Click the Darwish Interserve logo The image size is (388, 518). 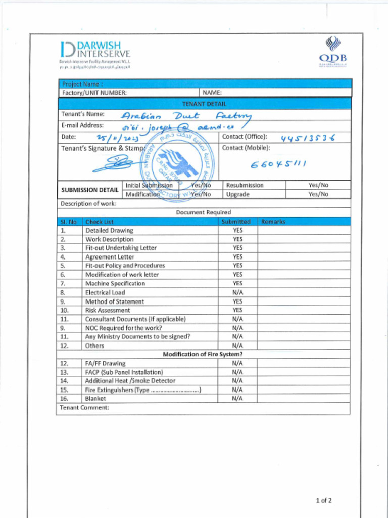[94, 53]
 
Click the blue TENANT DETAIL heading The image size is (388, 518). [204, 104]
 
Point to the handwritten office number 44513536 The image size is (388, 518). [308, 138]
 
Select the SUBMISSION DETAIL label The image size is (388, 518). [90, 190]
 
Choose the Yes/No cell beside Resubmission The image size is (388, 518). [318, 186]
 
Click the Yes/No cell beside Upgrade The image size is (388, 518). [318, 194]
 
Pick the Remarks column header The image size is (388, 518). [273, 222]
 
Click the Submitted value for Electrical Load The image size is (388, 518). [238, 292]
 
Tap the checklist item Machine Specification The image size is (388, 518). [115, 284]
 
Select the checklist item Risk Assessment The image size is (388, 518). [107, 310]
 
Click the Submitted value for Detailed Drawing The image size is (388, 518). [238, 230]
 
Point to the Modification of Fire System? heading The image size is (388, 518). [202, 354]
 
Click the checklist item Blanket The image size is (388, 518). [95, 399]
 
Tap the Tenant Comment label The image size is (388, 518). [84, 408]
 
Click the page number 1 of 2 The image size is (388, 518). [323, 501]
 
